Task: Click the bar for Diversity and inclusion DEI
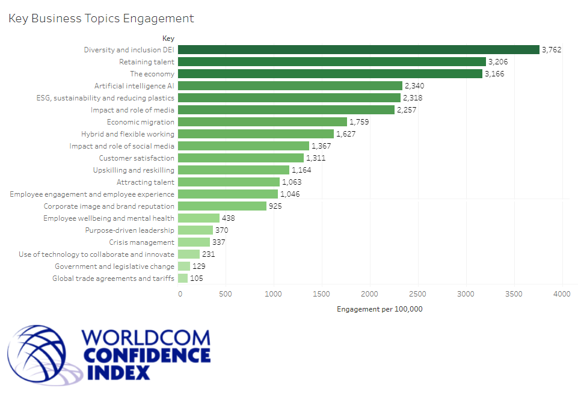(358, 50)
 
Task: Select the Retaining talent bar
(331, 62)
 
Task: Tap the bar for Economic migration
(262, 122)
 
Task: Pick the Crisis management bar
(194, 242)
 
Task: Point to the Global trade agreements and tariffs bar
(183, 278)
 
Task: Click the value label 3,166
(494, 74)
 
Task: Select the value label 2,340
(414, 86)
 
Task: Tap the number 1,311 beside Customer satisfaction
(316, 158)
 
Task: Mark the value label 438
(228, 218)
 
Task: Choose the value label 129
(198, 266)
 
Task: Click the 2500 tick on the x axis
(417, 294)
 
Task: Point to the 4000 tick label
(562, 294)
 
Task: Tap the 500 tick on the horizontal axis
(226, 294)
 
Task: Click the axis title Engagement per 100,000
(370, 309)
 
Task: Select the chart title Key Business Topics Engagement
(101, 19)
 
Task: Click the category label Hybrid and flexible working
(128, 134)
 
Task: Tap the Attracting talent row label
(145, 182)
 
